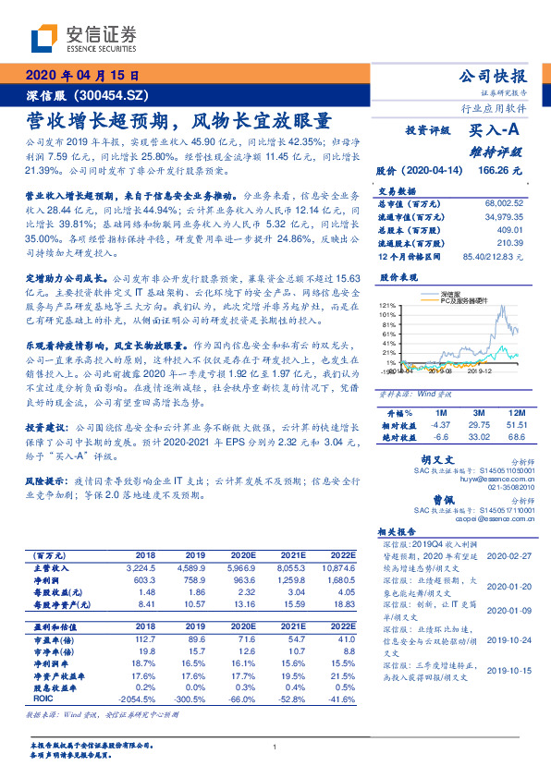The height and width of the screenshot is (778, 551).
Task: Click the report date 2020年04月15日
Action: pyautogui.click(x=82, y=75)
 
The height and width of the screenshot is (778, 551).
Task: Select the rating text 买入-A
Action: pyautogui.click(x=496, y=130)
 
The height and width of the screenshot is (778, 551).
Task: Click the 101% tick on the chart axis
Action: pyautogui.click(x=387, y=314)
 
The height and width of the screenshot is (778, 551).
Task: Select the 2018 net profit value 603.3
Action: pyautogui.click(x=153, y=579)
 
